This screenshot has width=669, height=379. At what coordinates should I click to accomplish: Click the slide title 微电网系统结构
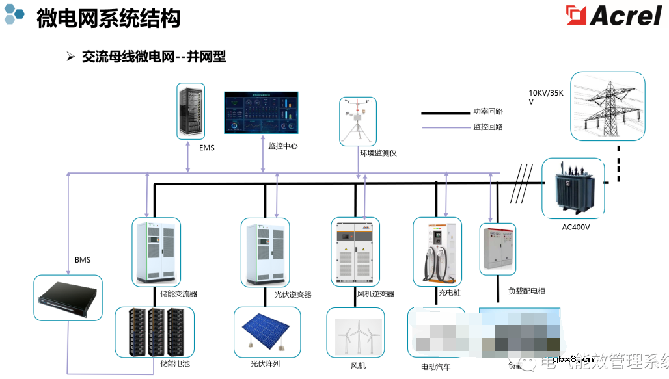click(108, 18)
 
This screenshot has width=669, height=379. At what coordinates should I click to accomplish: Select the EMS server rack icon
click(190, 111)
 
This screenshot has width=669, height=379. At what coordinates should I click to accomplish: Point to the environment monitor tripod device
click(358, 122)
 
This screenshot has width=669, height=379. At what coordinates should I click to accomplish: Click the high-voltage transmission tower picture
click(608, 106)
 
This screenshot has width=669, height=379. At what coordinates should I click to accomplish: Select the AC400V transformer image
click(573, 187)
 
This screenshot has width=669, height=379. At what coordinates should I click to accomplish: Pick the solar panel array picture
click(267, 332)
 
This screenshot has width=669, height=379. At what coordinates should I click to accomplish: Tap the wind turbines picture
click(355, 333)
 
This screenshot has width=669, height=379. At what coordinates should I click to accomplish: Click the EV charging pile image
click(437, 252)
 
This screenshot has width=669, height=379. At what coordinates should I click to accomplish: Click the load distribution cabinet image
click(498, 249)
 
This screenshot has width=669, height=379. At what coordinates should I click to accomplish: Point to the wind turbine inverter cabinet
click(355, 252)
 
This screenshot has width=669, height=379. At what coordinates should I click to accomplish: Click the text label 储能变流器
click(178, 294)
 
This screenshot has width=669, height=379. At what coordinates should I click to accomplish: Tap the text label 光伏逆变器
click(292, 294)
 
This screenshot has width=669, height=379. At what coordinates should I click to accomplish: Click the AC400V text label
click(576, 228)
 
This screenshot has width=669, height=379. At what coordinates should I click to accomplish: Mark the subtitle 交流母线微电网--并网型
click(154, 57)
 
